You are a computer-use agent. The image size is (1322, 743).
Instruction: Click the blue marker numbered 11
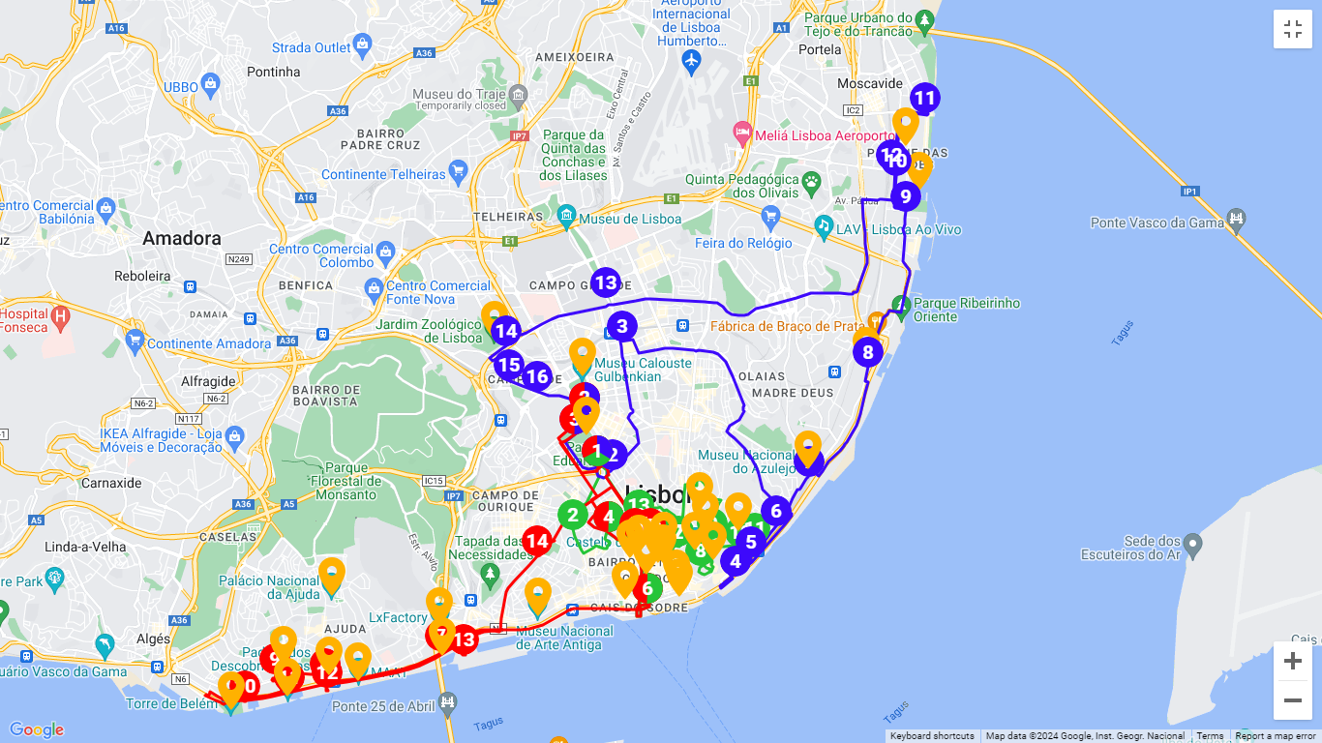[x=924, y=98]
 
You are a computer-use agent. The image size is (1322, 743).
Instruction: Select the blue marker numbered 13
[x=605, y=283]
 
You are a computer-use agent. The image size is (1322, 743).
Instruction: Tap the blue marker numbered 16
[x=537, y=377]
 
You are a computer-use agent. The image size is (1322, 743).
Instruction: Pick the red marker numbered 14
[x=537, y=542]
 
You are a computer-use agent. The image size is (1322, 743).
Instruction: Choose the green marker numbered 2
[x=573, y=515]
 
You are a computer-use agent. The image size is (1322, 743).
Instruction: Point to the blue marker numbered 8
[x=868, y=351]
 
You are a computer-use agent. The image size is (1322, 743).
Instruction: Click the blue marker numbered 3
[x=622, y=326]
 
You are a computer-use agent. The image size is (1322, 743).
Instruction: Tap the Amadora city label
[x=182, y=238]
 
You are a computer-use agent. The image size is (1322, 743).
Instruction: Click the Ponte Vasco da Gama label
[x=1156, y=223]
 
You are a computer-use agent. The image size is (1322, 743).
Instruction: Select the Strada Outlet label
[x=311, y=47]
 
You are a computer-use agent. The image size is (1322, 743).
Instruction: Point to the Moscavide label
[x=870, y=84]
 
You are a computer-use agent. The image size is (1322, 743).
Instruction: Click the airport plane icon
[x=691, y=63]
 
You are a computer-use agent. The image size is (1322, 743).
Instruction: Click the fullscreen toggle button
[x=1292, y=29]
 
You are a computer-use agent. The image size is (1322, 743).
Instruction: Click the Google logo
[x=36, y=730]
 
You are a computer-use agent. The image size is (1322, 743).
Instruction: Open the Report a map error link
[x=1275, y=736]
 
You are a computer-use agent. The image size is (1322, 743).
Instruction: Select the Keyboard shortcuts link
[x=932, y=736]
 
